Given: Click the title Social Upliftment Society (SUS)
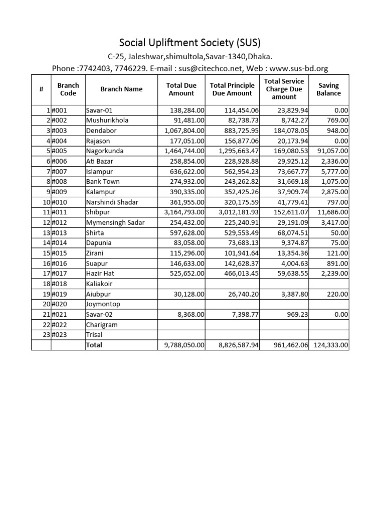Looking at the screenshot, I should pos(190,42).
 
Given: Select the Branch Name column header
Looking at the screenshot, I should pos(121,89).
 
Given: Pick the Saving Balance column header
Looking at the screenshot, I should pos(328,89).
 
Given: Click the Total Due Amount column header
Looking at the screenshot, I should pos(181,89).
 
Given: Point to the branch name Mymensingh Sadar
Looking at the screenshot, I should pos(115,222).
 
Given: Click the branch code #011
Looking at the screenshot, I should pos(60,212).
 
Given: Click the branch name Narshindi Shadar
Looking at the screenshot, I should pos(112,202).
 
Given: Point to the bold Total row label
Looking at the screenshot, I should pos(94,345).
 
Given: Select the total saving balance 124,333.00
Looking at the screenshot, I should pos(331,345).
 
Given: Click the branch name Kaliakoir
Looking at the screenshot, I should pos(101,284).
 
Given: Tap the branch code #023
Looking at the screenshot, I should pos(60,335).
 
